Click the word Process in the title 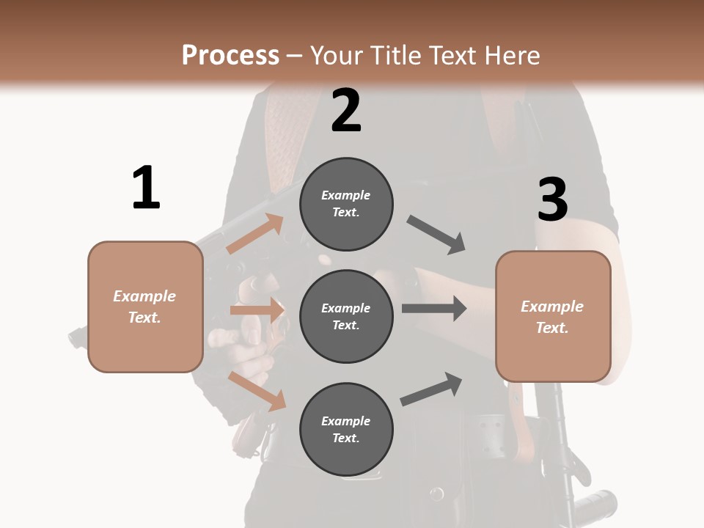click(x=230, y=56)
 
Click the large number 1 click(x=146, y=188)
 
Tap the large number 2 click(x=346, y=111)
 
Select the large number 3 click(x=552, y=200)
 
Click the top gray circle click(x=346, y=204)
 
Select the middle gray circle click(x=346, y=317)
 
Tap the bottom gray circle click(x=346, y=430)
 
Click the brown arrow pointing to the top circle click(x=254, y=234)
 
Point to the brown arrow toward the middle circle click(x=257, y=310)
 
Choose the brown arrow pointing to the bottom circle click(x=257, y=391)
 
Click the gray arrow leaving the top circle click(x=436, y=235)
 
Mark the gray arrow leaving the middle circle click(x=433, y=308)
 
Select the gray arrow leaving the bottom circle click(x=431, y=389)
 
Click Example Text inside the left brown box click(x=144, y=307)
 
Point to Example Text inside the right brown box click(x=552, y=317)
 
